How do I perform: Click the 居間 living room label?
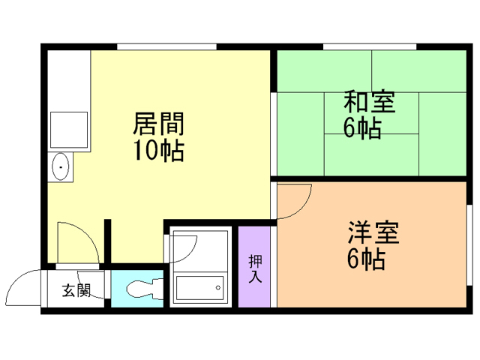point(158,124)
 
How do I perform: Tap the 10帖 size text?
point(159,150)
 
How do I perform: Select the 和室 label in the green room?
point(370,101)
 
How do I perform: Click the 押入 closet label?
point(255,268)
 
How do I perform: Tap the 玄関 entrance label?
point(76,290)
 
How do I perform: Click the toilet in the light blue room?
point(145,288)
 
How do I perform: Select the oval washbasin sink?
point(60,166)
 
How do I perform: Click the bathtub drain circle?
point(218,288)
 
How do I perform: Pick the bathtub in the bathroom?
point(199,288)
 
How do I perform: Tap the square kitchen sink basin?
point(69,130)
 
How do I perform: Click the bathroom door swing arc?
point(190,253)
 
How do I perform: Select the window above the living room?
point(166,46)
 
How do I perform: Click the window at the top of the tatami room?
point(370,46)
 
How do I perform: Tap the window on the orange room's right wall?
point(469,245)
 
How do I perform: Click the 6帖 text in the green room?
point(362,128)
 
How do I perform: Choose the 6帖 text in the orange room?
point(366,259)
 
